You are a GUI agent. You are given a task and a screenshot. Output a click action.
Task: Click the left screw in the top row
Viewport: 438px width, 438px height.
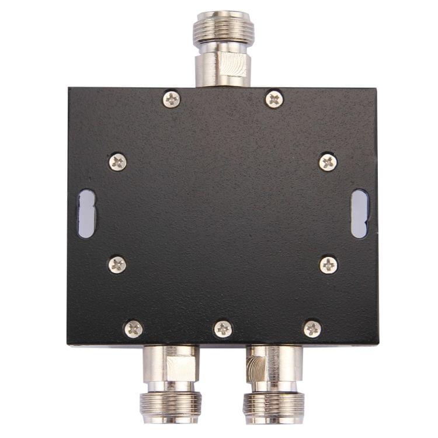[x=172, y=99]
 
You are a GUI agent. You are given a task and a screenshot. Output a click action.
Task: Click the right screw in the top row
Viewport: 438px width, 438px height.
[x=274, y=99]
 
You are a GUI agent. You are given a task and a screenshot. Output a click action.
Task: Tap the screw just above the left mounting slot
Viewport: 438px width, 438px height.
[x=118, y=162]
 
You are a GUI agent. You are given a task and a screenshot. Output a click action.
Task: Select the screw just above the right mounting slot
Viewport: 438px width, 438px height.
[x=328, y=162]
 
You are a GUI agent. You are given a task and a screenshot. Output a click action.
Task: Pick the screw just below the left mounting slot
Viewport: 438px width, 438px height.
[x=117, y=265]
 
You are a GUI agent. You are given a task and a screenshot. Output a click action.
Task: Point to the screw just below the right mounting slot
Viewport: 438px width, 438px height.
[x=329, y=265]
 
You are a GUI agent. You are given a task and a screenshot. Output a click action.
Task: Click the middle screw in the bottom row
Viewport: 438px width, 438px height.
[x=223, y=329]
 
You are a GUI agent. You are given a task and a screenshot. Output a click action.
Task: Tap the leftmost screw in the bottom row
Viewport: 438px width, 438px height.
[x=134, y=329]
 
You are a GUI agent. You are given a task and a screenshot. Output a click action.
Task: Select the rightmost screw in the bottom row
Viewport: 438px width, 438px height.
[x=312, y=329]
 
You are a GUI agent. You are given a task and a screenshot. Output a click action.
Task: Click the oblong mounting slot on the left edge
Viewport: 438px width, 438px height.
[x=86, y=213]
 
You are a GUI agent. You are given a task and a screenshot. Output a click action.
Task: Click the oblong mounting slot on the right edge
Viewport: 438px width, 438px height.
[x=360, y=213]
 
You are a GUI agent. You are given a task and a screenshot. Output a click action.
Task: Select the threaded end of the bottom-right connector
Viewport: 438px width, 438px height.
[x=273, y=406]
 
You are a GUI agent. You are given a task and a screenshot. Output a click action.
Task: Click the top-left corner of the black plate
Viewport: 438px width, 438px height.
[x=69, y=89]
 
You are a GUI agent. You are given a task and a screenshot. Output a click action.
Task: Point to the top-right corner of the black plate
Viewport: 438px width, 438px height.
[x=376, y=89]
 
